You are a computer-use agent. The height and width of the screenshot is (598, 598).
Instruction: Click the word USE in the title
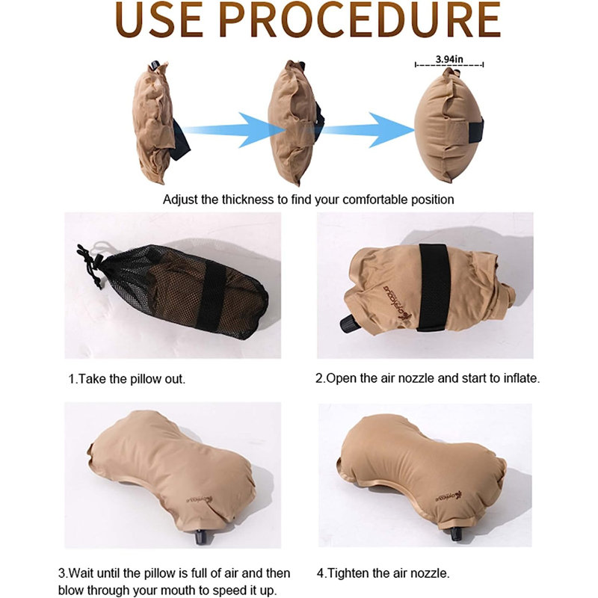pyautogui.click(x=158, y=19)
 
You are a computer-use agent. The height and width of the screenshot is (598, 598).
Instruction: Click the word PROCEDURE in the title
pyautogui.click(x=360, y=19)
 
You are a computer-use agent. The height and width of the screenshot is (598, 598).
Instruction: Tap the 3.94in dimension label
pyautogui.click(x=449, y=59)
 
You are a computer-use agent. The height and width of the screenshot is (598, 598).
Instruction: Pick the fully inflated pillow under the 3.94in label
pyautogui.click(x=449, y=125)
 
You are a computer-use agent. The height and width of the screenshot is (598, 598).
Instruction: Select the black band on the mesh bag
pyautogui.click(x=212, y=297)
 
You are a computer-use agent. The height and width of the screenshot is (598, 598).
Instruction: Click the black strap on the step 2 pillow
pyautogui.click(x=434, y=287)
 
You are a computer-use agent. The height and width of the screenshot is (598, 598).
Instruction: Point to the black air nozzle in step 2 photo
pyautogui.click(x=349, y=324)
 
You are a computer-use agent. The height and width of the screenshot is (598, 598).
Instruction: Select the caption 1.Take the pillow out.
pyautogui.click(x=126, y=379)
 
